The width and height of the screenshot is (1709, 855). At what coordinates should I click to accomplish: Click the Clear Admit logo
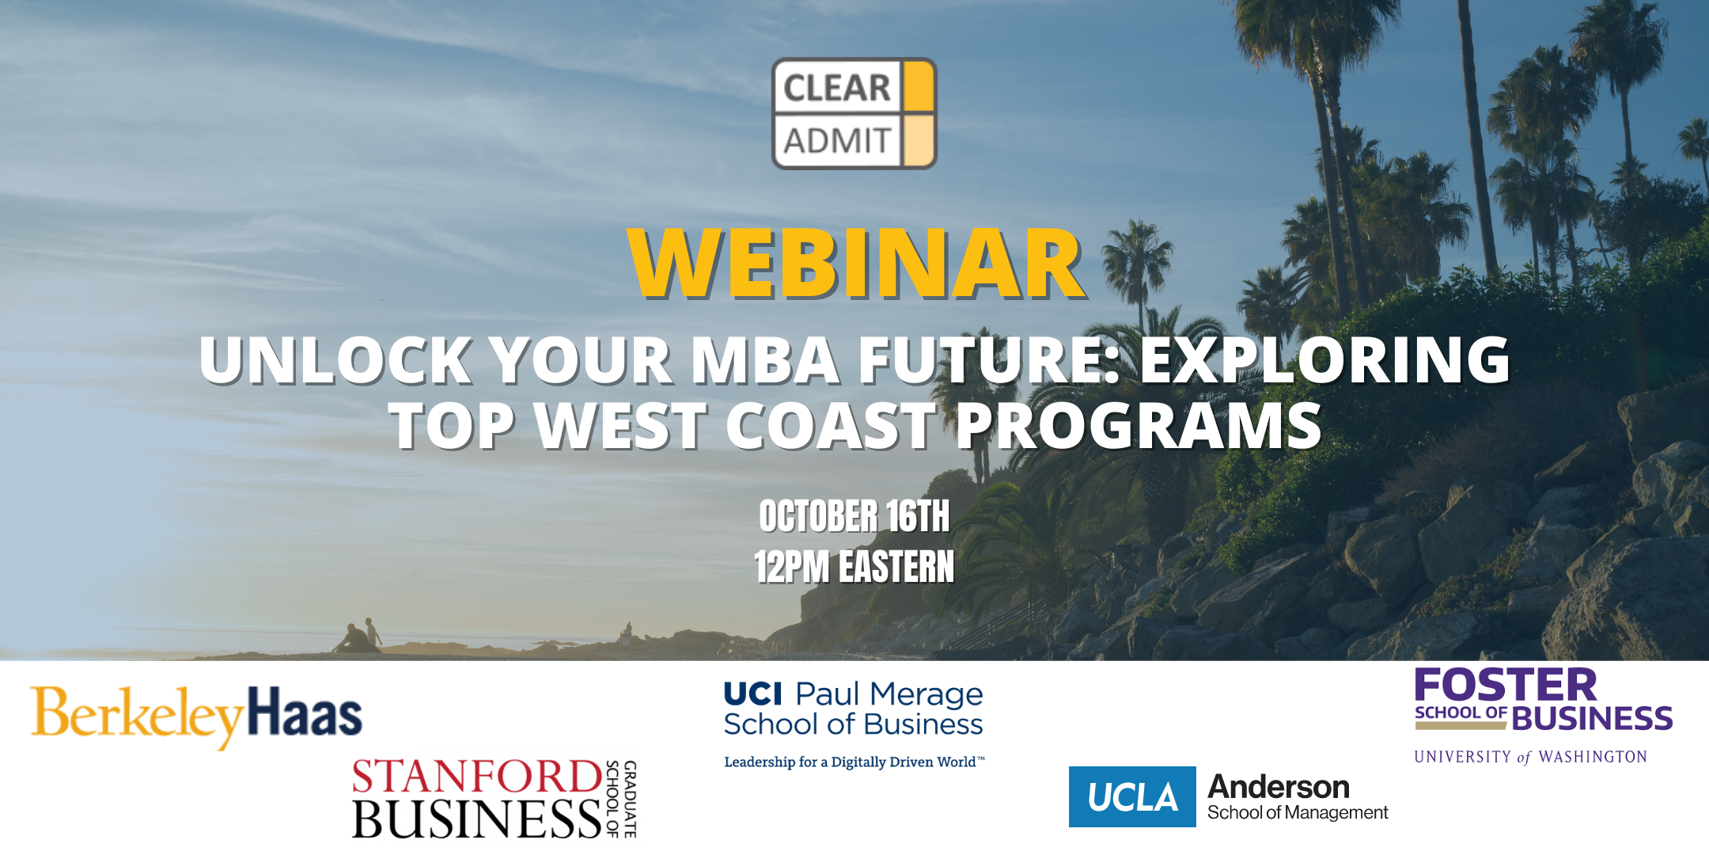coord(854,113)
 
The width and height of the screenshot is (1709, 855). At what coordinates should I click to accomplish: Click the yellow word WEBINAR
coord(857,264)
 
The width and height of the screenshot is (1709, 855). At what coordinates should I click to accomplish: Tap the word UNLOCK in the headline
coord(336,360)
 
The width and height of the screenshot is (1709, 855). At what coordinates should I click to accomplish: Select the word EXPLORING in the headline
coord(1325,360)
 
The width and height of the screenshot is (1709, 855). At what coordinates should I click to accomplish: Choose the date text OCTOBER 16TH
coord(854,516)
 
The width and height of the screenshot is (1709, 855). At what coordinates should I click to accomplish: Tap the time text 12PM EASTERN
coord(854,567)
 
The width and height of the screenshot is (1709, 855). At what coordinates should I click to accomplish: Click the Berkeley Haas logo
coord(196,716)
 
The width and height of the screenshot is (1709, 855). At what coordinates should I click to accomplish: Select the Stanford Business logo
coord(495,798)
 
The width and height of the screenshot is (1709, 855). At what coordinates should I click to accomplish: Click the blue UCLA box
coord(1132,796)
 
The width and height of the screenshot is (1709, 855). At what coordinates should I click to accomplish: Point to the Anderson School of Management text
coord(1298,797)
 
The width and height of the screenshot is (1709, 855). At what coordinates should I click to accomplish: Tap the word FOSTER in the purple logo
coord(1506,685)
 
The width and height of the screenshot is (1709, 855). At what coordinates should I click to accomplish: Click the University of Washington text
coord(1531,757)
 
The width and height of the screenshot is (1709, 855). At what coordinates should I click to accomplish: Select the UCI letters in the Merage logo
coord(753,694)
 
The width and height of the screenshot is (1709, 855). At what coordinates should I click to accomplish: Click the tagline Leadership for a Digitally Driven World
coord(854,762)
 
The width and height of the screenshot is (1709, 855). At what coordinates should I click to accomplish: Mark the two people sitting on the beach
coord(357,636)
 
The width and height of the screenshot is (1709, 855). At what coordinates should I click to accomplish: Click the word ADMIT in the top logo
coord(837,141)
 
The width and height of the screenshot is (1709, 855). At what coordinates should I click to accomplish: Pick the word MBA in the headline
coord(765,360)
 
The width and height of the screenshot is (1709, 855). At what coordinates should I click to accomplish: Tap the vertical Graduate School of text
coord(621,798)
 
